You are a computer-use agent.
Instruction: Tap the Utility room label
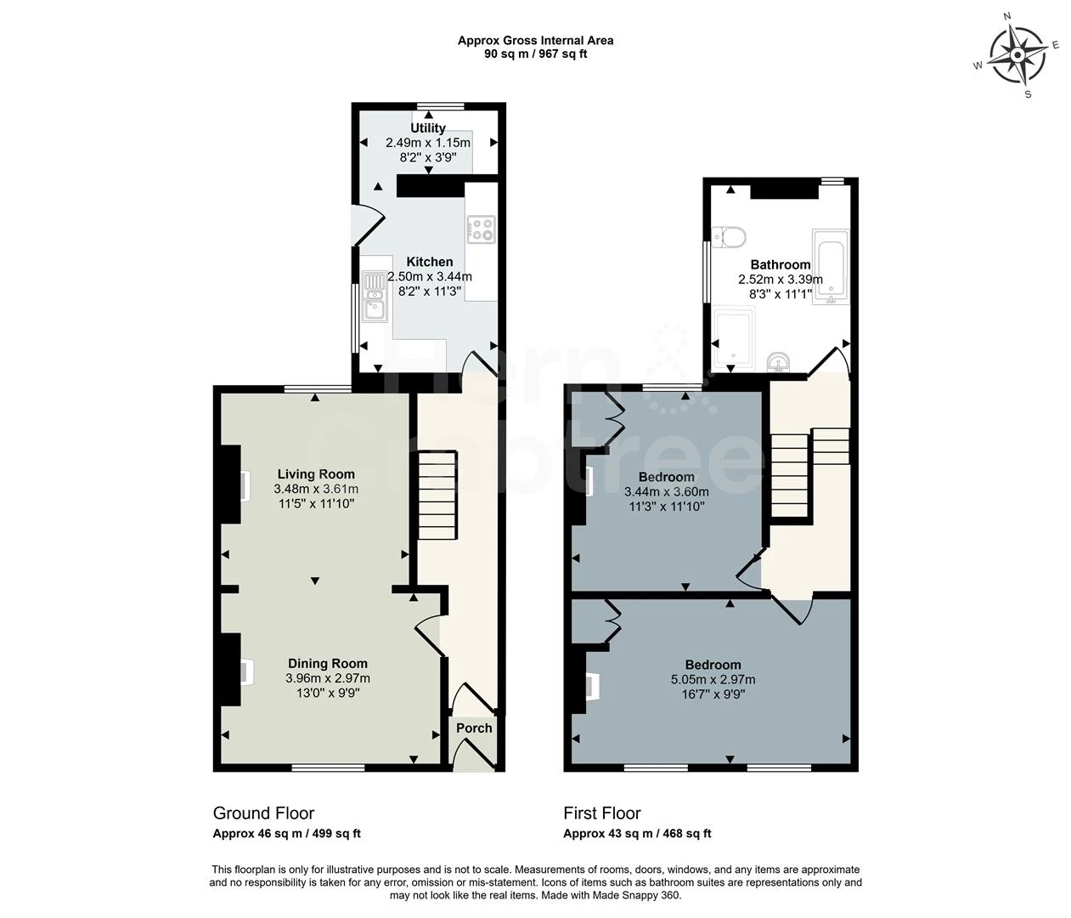pos(428,128)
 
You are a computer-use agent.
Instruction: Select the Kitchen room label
pos(429,262)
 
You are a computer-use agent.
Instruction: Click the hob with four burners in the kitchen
pos(481,228)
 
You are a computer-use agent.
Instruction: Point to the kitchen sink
pos(374,296)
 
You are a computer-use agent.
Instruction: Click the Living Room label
pos(316,474)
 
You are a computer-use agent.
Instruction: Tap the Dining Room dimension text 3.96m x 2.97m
pos(328,678)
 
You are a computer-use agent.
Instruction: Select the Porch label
pos(474,728)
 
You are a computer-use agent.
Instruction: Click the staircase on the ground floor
pos(437,495)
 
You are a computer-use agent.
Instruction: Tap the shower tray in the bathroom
pos(733,341)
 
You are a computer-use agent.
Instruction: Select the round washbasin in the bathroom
pos(778,364)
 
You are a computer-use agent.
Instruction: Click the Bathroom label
pos(780,264)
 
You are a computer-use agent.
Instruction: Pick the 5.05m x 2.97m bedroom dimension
pos(713,679)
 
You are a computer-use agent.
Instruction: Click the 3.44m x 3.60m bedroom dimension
pos(666,491)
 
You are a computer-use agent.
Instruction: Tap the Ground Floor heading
pos(263,813)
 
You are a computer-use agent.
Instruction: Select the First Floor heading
pos(602,813)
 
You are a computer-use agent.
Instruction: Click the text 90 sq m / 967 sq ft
pos(535,54)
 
